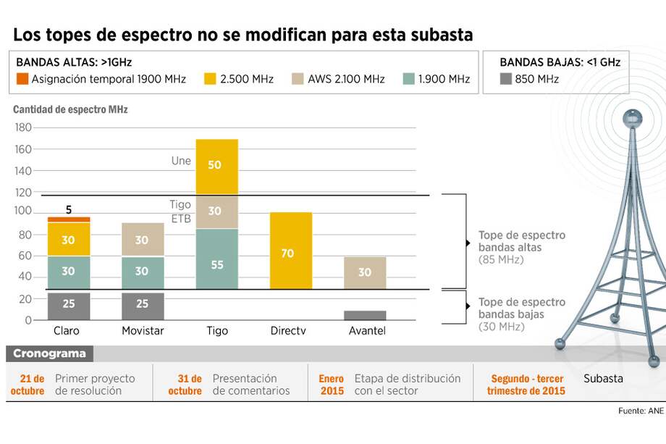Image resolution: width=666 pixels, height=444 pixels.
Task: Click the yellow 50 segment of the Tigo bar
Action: click(x=216, y=166)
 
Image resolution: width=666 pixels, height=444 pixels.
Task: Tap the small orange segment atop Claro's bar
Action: click(x=69, y=219)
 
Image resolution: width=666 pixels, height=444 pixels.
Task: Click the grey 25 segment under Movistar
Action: click(x=142, y=303)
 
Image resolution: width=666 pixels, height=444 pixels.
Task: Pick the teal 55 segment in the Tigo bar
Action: click(x=216, y=264)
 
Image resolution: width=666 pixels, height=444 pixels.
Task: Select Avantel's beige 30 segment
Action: click(x=364, y=272)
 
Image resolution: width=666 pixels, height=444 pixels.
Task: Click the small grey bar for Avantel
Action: click(x=364, y=315)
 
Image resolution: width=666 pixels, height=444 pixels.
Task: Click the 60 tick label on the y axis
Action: click(x=25, y=256)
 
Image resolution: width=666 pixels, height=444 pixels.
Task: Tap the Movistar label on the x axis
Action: click(x=143, y=331)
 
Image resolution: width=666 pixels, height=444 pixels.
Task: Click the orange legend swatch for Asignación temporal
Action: click(x=22, y=79)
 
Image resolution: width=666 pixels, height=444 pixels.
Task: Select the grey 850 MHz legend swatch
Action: click(x=506, y=79)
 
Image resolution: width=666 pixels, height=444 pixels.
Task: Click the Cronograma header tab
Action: click(x=49, y=353)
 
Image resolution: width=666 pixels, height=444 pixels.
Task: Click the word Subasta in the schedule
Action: click(x=603, y=378)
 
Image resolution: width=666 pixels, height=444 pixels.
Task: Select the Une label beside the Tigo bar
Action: click(x=181, y=160)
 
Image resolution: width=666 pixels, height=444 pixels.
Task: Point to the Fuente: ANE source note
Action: click(x=640, y=411)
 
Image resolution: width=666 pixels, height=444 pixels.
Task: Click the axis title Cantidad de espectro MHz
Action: click(x=70, y=110)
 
